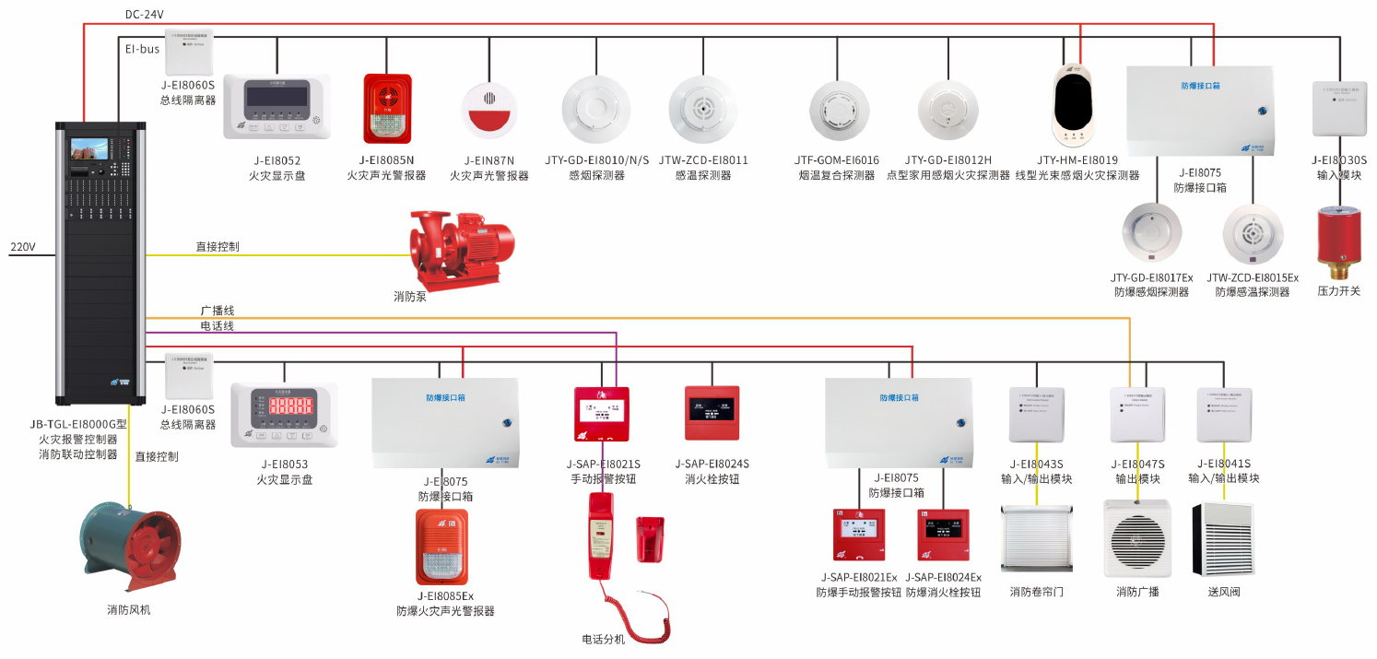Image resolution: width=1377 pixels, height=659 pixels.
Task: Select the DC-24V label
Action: (x=146, y=15)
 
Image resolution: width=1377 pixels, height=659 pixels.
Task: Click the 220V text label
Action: (x=22, y=247)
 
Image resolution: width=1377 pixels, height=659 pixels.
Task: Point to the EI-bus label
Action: (x=143, y=48)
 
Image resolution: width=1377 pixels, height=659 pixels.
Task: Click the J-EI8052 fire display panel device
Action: (x=277, y=106)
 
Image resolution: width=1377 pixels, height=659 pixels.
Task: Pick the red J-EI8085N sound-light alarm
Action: (x=386, y=109)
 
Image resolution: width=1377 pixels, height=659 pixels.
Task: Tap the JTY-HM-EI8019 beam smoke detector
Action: (x=1077, y=106)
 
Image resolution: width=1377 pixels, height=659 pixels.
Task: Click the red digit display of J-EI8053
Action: (x=285, y=405)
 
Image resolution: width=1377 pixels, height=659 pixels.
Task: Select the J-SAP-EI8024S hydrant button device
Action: (x=712, y=412)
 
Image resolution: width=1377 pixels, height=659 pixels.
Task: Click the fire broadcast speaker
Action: (x=1137, y=538)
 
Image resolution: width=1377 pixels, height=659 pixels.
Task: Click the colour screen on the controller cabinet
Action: (x=88, y=150)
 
